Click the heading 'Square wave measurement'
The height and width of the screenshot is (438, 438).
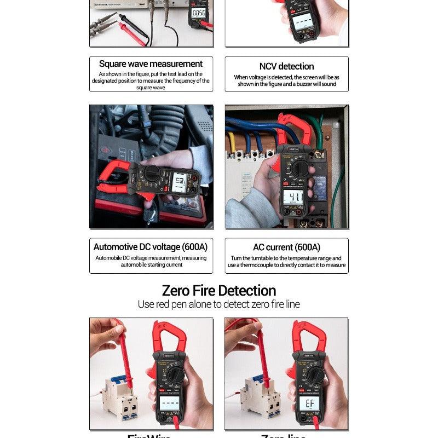[x=151, y=64]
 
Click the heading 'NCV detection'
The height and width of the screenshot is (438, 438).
[x=286, y=66]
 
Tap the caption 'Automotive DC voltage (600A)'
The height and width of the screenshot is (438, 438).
[x=151, y=247]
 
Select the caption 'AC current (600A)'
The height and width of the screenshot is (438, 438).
[x=286, y=247]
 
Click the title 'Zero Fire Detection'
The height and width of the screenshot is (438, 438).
[x=218, y=290]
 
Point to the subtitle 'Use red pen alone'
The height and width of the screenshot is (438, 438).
[x=218, y=304]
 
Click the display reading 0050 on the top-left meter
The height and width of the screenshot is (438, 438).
[x=198, y=12]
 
